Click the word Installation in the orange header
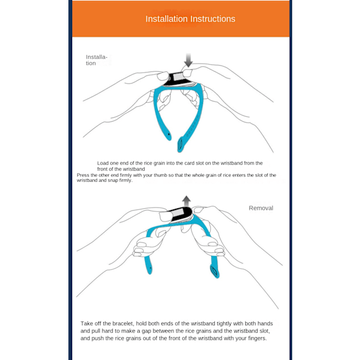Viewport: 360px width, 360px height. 166,19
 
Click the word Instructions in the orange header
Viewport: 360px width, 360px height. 212,19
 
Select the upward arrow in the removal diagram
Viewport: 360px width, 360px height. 187,200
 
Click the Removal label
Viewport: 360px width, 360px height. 261,208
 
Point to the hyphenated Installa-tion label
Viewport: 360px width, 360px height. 96,60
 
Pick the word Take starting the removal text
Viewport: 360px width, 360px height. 87,323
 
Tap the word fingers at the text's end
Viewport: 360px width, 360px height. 257,338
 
